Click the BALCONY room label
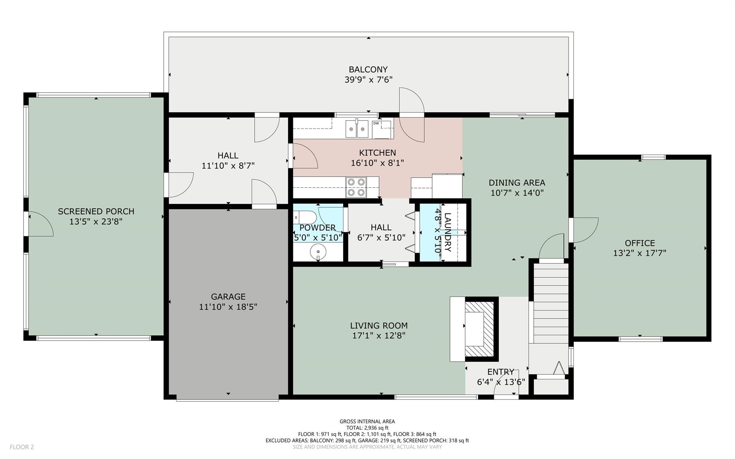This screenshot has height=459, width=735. (368, 69)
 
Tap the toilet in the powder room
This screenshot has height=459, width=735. (305, 217)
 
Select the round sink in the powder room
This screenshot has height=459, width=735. (318, 252)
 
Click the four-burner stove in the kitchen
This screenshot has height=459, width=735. (356, 187)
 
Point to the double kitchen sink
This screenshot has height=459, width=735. (357, 129)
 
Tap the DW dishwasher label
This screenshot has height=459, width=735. (376, 123)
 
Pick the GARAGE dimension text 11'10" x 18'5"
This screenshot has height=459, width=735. (228, 307)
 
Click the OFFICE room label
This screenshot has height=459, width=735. (640, 243)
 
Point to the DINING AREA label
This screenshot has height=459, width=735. (517, 183)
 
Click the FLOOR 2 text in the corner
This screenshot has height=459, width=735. (22, 447)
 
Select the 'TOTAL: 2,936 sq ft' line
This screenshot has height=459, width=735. (367, 428)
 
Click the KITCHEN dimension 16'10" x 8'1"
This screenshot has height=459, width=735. (377, 163)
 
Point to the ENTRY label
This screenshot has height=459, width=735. (501, 372)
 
